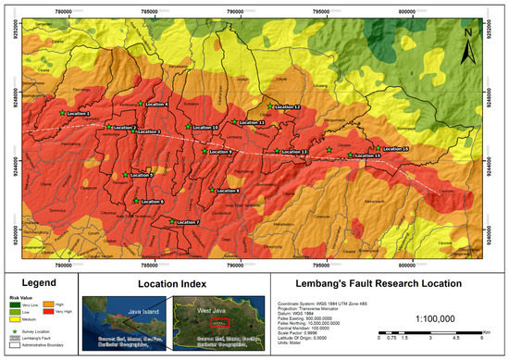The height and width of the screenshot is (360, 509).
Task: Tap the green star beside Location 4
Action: point(140,103)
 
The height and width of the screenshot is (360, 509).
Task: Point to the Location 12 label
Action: point(285,107)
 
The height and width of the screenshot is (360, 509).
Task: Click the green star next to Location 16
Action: point(377,148)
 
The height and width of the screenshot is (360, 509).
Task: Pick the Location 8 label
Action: point(227,191)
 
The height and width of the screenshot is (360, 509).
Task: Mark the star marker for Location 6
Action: point(137,201)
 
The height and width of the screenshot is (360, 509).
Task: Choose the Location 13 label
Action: point(292,152)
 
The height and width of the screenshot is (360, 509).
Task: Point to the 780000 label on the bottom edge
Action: point(63,264)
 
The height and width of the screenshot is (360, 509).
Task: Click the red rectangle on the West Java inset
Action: point(219,323)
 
